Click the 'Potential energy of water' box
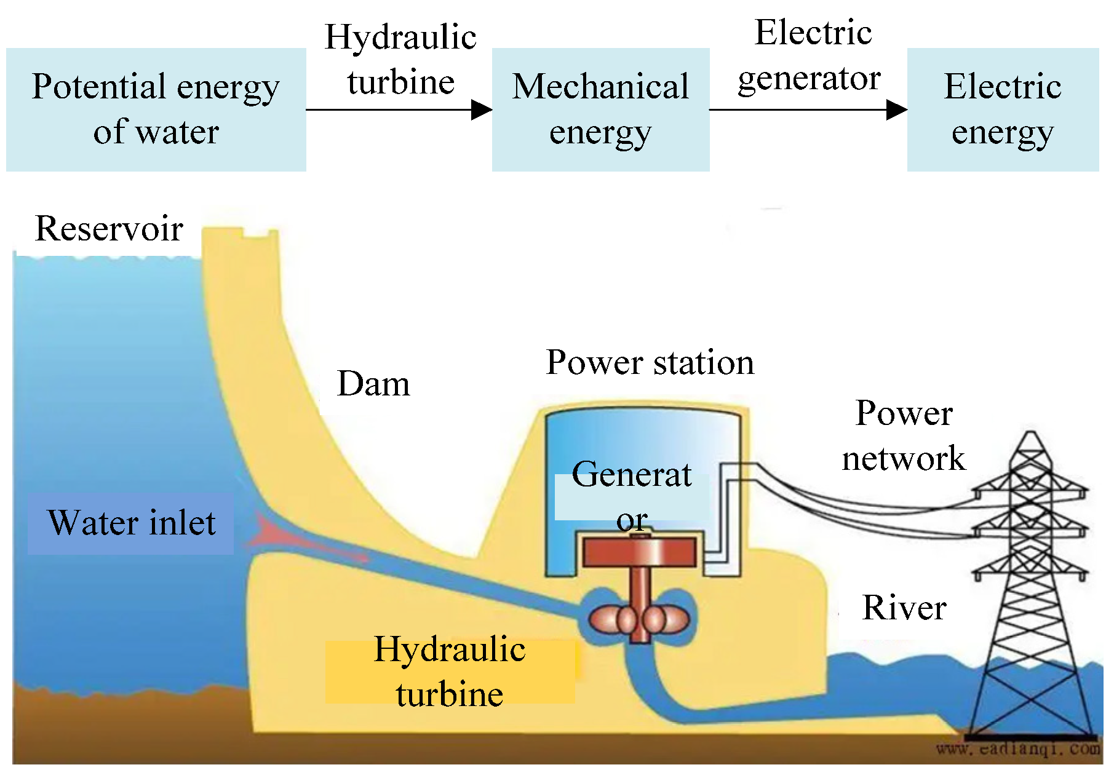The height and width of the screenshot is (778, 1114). (x=156, y=109)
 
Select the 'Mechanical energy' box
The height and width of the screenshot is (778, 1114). (x=600, y=109)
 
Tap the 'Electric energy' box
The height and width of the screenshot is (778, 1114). (x=1003, y=109)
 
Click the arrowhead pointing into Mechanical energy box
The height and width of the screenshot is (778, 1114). (x=482, y=110)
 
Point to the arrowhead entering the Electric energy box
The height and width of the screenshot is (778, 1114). (x=897, y=110)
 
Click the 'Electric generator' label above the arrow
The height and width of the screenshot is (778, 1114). (x=811, y=55)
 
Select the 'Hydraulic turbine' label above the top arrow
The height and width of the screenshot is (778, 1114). (x=400, y=60)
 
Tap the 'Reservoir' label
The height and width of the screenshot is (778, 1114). (x=109, y=229)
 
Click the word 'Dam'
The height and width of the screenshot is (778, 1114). (x=373, y=384)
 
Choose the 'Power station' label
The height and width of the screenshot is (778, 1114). (x=650, y=362)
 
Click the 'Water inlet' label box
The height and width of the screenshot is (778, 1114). (x=131, y=523)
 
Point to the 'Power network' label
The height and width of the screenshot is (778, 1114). (x=904, y=435)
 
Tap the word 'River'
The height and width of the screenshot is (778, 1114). (x=904, y=608)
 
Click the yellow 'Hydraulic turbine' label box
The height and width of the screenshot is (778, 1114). (x=450, y=672)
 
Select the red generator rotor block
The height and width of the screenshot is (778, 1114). (x=640, y=552)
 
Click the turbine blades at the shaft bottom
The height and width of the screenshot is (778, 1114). (x=639, y=619)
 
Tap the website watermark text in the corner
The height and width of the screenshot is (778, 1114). (x=1018, y=749)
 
